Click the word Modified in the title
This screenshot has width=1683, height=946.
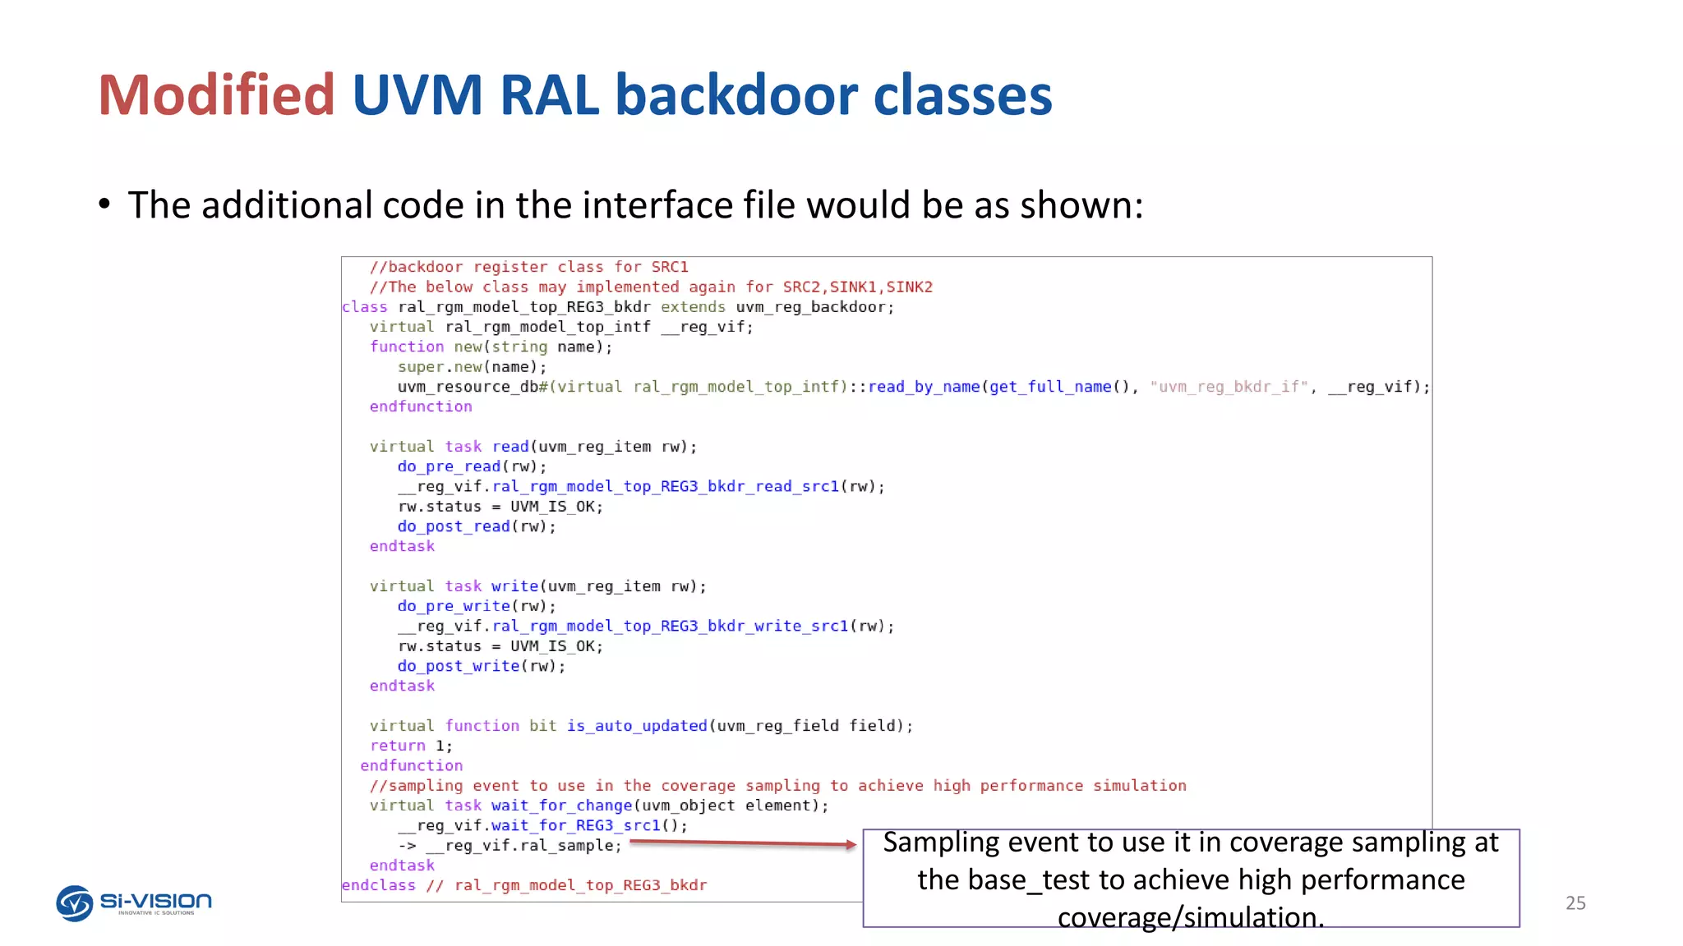(x=216, y=95)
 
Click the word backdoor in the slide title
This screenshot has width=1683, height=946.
(x=736, y=95)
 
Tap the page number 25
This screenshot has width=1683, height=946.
(x=1575, y=903)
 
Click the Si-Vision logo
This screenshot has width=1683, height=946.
(x=133, y=903)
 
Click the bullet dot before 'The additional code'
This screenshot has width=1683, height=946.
(x=104, y=204)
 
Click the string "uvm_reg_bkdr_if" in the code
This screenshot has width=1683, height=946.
(x=1229, y=387)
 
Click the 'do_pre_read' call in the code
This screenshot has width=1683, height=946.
(x=449, y=466)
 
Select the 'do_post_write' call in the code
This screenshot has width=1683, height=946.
(x=459, y=666)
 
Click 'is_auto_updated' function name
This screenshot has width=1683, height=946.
(x=637, y=726)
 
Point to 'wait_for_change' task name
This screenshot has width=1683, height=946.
(x=561, y=806)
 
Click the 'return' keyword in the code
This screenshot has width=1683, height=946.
(x=398, y=746)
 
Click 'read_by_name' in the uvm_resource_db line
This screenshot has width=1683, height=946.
(x=924, y=387)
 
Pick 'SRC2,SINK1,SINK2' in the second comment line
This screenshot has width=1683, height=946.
(x=857, y=287)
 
